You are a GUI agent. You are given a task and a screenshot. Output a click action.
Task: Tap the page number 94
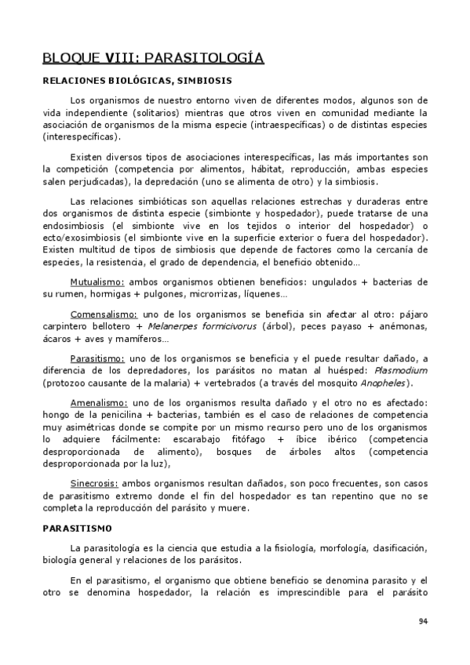(x=423, y=622)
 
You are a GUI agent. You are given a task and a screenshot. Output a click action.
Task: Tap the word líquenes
(x=264, y=294)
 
